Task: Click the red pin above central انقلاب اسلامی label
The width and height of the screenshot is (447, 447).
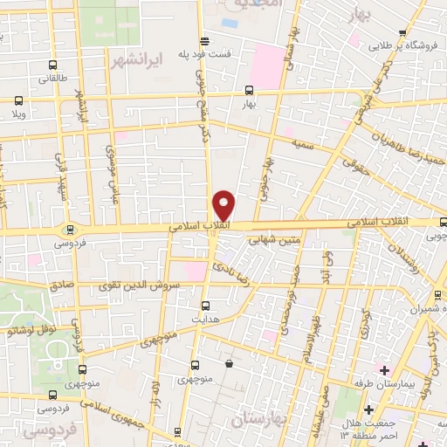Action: pyautogui.click(x=223, y=205)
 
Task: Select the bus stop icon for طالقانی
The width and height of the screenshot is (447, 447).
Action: pyautogui.click(x=54, y=65)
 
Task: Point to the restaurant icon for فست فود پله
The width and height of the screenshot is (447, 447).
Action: pyautogui.click(x=204, y=41)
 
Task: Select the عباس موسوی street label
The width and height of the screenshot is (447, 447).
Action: pyautogui.click(x=111, y=165)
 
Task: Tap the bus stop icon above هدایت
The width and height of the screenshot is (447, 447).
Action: pyautogui.click(x=204, y=306)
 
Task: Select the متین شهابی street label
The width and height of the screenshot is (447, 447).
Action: pyautogui.click(x=273, y=237)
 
